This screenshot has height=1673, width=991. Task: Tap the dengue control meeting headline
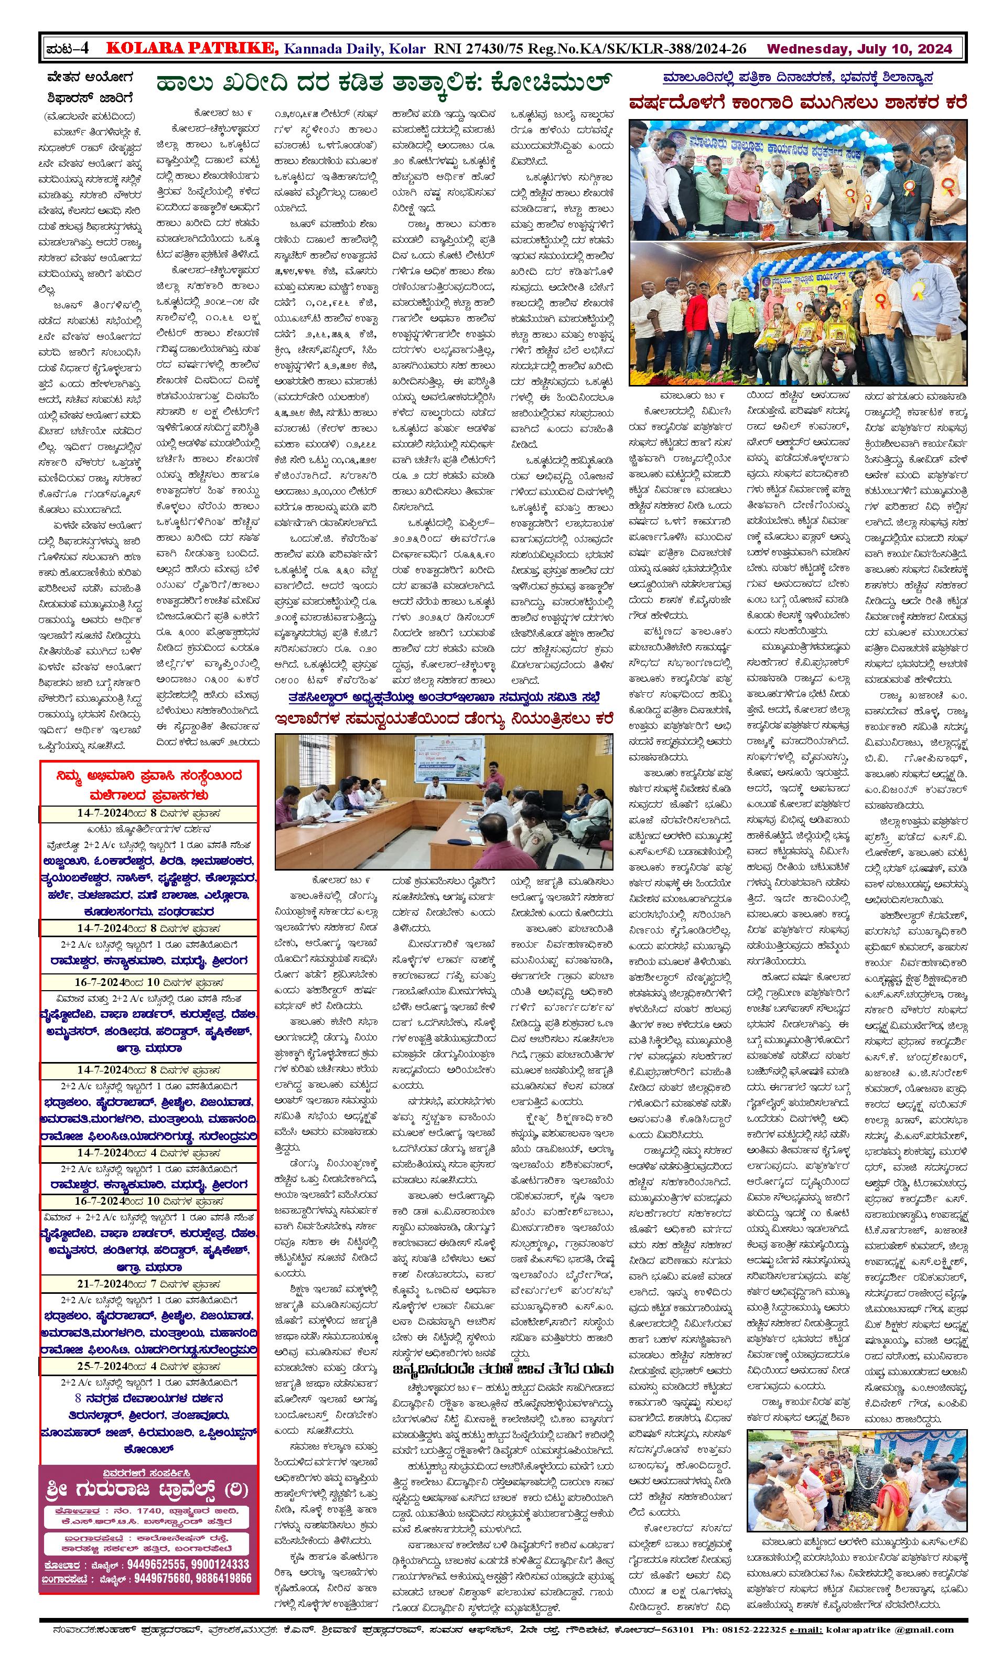444,720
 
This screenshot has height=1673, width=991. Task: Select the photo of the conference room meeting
444,801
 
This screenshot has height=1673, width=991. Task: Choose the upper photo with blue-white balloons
798,180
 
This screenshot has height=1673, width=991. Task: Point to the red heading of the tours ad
149,785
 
